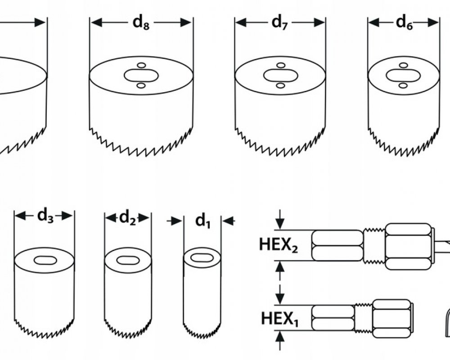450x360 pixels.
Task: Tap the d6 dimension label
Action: [x=404, y=23]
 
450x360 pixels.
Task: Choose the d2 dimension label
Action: [x=127, y=218]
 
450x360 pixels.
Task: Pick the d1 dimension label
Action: [x=203, y=220]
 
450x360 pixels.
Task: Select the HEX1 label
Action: [x=279, y=319]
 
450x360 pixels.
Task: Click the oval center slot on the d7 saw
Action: [x=280, y=76]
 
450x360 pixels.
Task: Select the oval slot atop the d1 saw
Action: [x=202, y=257]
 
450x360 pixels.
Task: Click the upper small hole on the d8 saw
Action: [x=141, y=66]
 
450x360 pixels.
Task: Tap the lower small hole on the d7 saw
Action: [x=280, y=85]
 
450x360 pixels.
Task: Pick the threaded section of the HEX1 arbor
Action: [x=364, y=318]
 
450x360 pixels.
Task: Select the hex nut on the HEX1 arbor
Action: [x=391, y=318]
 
